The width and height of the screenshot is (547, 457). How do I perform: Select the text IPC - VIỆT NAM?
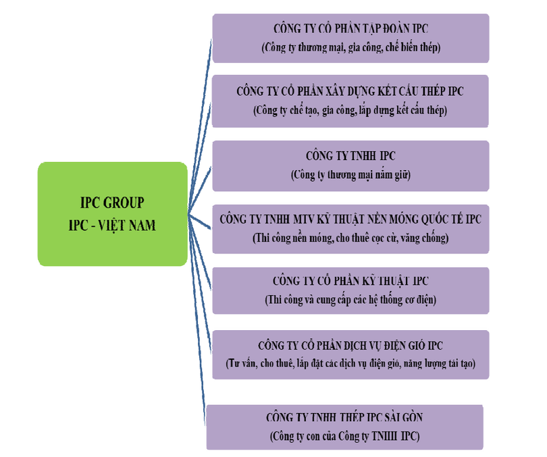[112, 225]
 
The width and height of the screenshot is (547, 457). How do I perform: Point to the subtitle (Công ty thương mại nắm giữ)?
[350, 175]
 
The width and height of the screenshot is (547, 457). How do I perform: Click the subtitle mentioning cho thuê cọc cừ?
[350, 238]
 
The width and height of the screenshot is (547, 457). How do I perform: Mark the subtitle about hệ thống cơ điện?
[350, 300]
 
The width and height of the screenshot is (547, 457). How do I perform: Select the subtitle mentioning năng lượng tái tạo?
[350, 363]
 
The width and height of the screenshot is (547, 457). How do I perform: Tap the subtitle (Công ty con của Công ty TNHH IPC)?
[345, 437]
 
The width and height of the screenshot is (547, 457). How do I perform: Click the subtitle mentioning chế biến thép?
[350, 47]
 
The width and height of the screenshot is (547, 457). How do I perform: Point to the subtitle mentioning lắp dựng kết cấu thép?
[350, 109]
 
